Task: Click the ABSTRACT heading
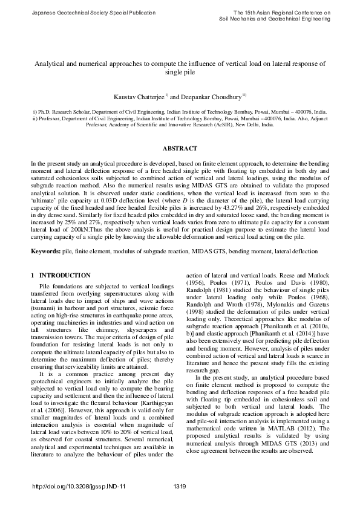(180, 149)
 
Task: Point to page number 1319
(179, 487)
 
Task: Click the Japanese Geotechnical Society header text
(81, 12)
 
